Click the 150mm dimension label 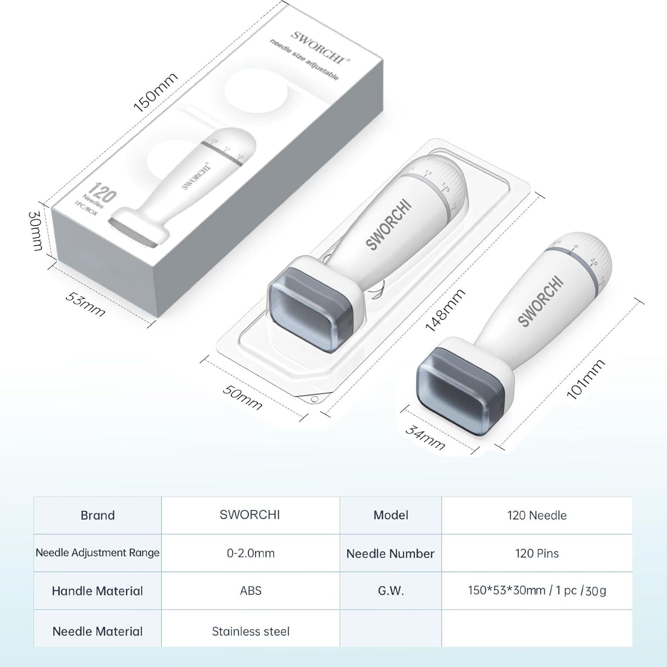click(x=156, y=92)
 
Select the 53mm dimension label click(x=85, y=304)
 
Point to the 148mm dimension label click(x=445, y=310)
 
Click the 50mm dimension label click(x=242, y=397)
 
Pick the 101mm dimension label click(x=585, y=379)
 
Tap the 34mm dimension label click(x=426, y=438)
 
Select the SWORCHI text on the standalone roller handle click(x=541, y=301)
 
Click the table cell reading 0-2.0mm click(x=250, y=553)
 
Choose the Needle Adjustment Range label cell click(x=97, y=553)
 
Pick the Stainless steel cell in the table click(x=250, y=631)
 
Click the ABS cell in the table click(x=250, y=591)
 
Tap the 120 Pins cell click(x=537, y=553)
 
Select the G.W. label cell click(x=390, y=591)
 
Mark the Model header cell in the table click(x=390, y=515)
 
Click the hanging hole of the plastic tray click(x=314, y=399)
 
